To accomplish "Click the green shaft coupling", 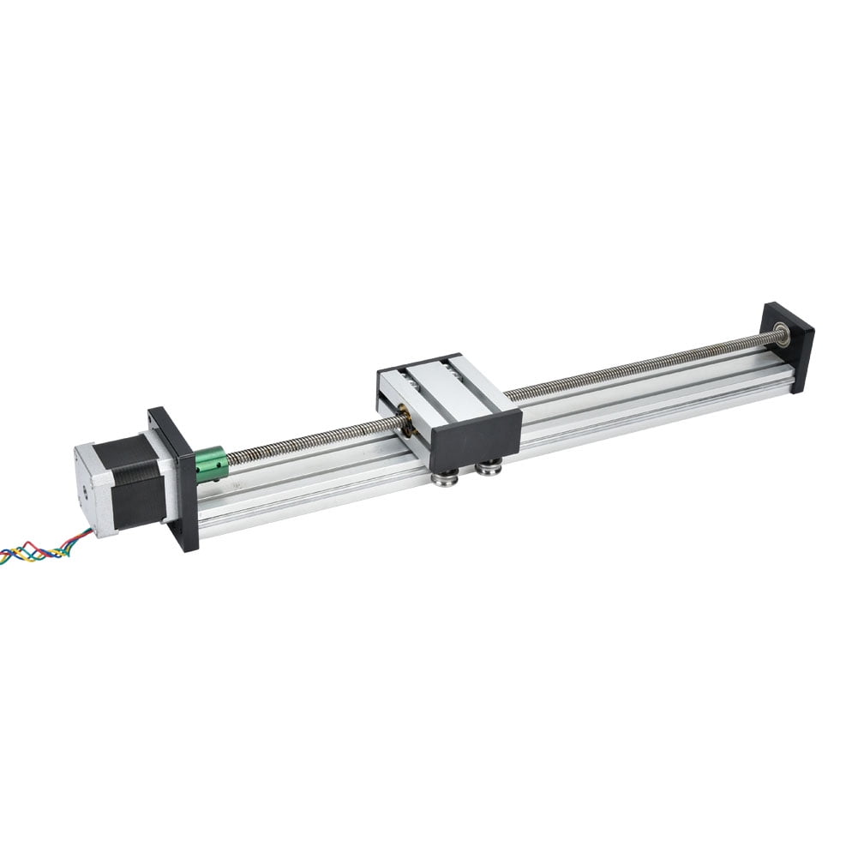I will tap(213, 465).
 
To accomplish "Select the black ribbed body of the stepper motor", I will tap(137, 480).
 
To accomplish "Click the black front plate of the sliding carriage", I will tap(476, 438).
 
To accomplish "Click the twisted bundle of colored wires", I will tap(43, 549).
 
